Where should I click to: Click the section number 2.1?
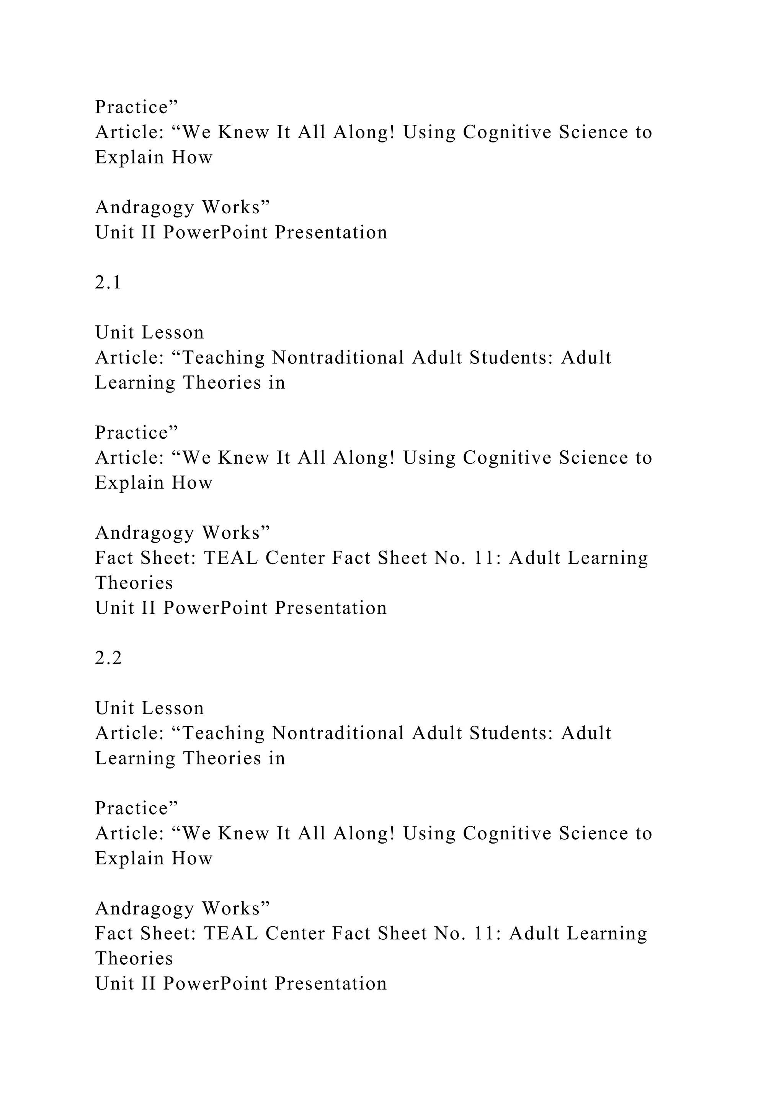tap(108, 283)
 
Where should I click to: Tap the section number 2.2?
tap(108, 658)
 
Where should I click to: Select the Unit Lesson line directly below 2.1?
tap(150, 333)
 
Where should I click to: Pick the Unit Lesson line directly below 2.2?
tap(150, 708)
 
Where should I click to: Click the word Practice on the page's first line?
tap(131, 107)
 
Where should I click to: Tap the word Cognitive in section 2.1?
tap(507, 458)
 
